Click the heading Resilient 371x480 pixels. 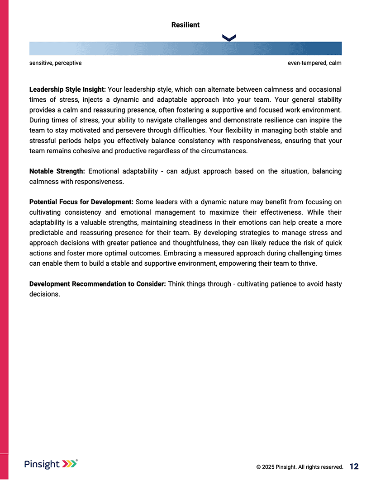pyautogui.click(x=185, y=25)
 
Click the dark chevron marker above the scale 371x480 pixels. pyautogui.click(x=229, y=38)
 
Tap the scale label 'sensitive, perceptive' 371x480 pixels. pyautogui.click(x=56, y=63)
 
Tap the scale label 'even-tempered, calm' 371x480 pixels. pyautogui.click(x=314, y=63)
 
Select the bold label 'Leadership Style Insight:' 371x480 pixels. pyautogui.click(x=67, y=89)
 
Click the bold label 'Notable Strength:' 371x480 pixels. pyautogui.click(x=57, y=171)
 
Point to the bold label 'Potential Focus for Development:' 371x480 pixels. pyautogui.click(x=81, y=202)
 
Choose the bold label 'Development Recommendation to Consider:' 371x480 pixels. pyautogui.click(x=98, y=284)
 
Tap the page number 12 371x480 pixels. pyautogui.click(x=354, y=466)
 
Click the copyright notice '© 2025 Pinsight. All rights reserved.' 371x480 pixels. pyautogui.click(x=300, y=467)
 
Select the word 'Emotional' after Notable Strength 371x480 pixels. pyautogui.click(x=104, y=171)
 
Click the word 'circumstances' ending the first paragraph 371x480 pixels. pyautogui.click(x=225, y=151)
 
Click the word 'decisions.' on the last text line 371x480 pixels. pyautogui.click(x=44, y=294)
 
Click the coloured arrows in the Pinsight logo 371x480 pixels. pyautogui.click(x=69, y=464)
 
